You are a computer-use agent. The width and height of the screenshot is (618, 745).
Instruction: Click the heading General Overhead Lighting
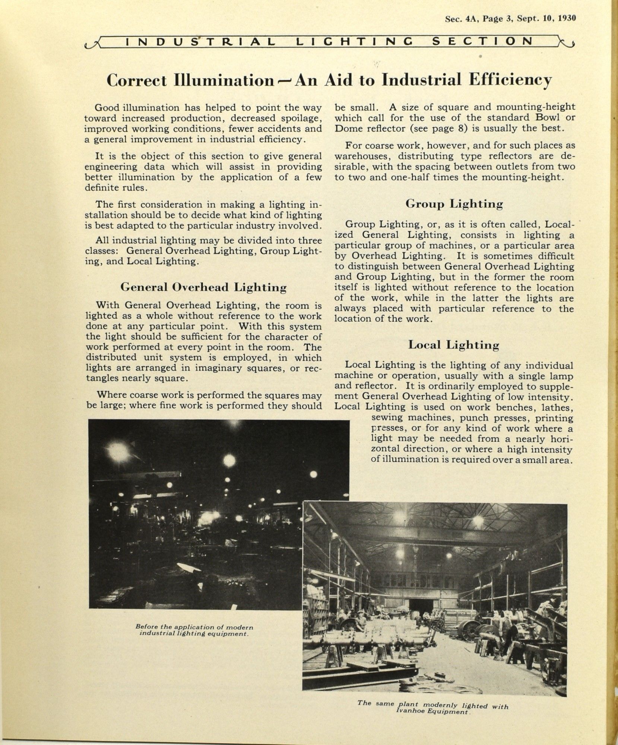203,287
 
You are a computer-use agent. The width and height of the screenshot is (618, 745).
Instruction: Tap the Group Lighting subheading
454,204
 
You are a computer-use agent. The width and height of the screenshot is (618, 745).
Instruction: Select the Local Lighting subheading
453,345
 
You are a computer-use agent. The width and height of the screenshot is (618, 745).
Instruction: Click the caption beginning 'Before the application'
194,630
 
